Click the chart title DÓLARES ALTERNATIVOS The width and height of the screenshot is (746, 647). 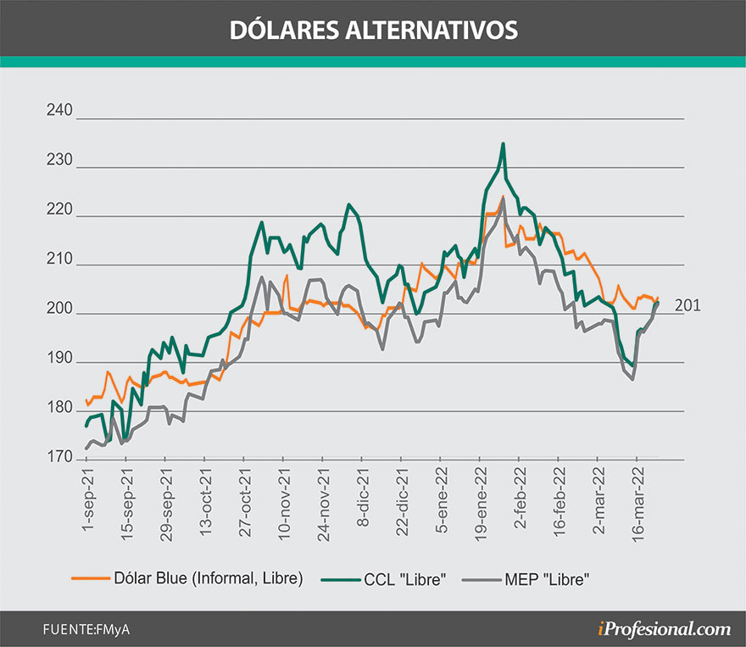(373, 29)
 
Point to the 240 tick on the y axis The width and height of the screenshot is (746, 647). (63, 111)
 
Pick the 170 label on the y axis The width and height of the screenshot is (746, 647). (63, 458)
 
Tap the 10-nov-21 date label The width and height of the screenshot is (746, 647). (283, 505)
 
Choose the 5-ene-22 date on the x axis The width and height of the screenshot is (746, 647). (441, 503)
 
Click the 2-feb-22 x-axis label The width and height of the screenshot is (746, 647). (519, 503)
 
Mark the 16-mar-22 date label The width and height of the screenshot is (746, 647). (637, 505)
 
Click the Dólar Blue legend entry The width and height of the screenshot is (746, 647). (208, 578)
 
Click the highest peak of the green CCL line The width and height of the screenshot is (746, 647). (504, 144)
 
